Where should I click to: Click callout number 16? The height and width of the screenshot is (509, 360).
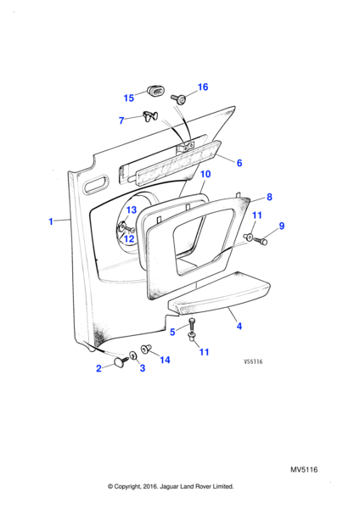click(x=203, y=87)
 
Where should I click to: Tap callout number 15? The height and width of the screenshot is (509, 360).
click(x=129, y=98)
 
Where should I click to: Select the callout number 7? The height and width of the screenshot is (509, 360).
click(x=121, y=120)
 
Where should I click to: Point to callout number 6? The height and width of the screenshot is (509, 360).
click(x=239, y=163)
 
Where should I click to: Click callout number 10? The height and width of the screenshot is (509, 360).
click(x=205, y=174)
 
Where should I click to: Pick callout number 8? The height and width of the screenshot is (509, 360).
click(x=269, y=197)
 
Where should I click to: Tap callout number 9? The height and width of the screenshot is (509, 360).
click(x=282, y=226)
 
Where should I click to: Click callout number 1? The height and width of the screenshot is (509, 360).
click(x=51, y=221)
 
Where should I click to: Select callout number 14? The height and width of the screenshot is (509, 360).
click(x=165, y=360)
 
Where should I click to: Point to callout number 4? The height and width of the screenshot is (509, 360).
click(x=239, y=326)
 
